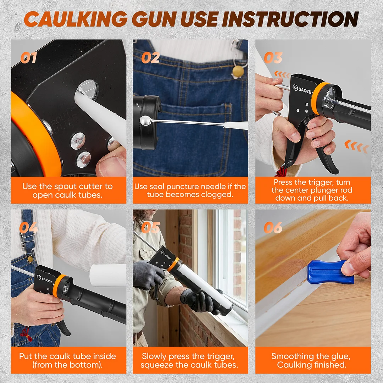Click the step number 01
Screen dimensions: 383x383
29,58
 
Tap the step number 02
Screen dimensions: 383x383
150,58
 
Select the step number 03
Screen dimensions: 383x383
273,58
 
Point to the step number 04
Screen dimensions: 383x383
29,228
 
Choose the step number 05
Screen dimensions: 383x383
151,228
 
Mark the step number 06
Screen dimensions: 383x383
273,228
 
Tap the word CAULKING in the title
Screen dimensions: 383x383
76,19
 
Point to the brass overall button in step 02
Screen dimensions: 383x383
238,71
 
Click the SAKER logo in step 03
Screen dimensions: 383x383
302,89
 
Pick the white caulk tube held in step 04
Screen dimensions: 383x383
108,276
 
